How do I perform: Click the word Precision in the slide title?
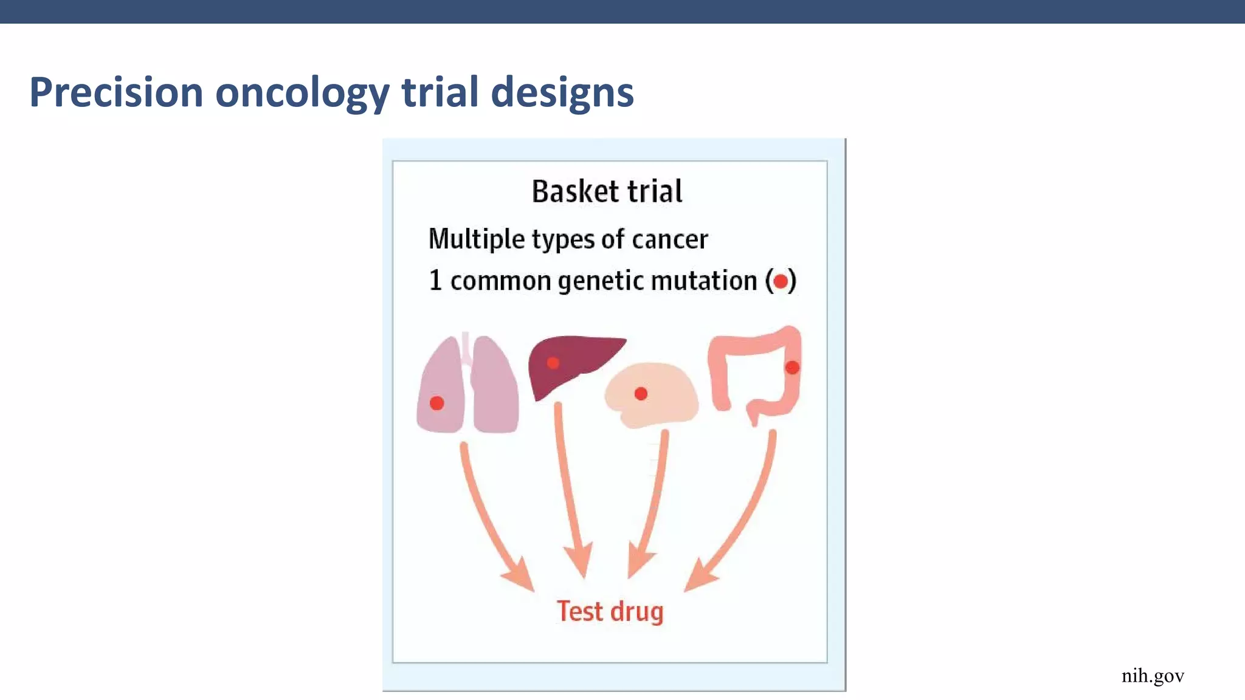click(x=116, y=92)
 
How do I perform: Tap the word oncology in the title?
click(x=302, y=92)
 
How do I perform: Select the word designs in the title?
click(x=562, y=92)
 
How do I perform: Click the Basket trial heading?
click(x=607, y=191)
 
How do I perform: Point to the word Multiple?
click(x=477, y=239)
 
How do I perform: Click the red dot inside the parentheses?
click(x=781, y=281)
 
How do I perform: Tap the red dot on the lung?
click(x=436, y=403)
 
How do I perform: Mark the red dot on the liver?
click(x=553, y=363)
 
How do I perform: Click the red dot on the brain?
click(x=641, y=394)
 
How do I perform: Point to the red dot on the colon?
click(x=792, y=367)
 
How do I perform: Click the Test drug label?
click(x=610, y=611)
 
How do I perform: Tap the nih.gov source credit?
click(x=1153, y=676)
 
